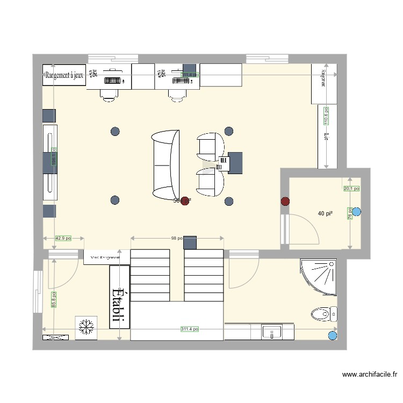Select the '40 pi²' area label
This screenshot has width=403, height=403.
click(325, 214)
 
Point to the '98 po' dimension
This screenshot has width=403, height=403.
click(177, 238)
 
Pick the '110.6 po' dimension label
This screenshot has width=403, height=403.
click(325, 116)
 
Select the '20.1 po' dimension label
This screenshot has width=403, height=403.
click(351, 189)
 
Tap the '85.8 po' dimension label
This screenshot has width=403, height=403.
click(53, 300)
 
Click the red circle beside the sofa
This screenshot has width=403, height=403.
click(185, 201)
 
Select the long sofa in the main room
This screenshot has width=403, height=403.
click(165, 164)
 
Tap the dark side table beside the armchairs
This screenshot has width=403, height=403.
click(234, 163)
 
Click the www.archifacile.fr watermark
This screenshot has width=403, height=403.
click(370, 376)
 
